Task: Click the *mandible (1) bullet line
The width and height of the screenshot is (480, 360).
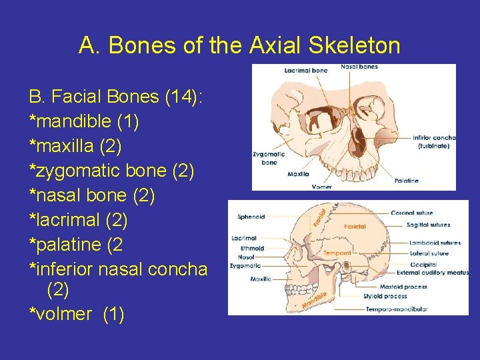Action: (x=84, y=122)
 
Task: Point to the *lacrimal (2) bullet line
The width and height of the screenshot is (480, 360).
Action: (x=78, y=220)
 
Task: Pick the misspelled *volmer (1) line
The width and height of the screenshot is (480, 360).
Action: (x=77, y=314)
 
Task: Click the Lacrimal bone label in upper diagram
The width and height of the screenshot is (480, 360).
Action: (x=306, y=70)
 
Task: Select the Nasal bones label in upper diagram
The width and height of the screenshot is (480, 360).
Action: (x=359, y=67)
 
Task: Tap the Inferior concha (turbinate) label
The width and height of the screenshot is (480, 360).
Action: (x=433, y=141)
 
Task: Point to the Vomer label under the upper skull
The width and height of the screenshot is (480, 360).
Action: (x=322, y=187)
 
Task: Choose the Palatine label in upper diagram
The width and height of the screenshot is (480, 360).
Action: (x=407, y=181)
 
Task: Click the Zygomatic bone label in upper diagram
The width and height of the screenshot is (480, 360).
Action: (x=269, y=158)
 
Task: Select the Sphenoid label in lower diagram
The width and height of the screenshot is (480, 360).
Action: (x=251, y=217)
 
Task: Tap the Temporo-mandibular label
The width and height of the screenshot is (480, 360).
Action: (x=396, y=309)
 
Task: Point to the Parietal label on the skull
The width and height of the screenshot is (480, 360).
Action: (x=355, y=227)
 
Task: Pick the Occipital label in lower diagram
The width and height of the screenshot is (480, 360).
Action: (x=424, y=265)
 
